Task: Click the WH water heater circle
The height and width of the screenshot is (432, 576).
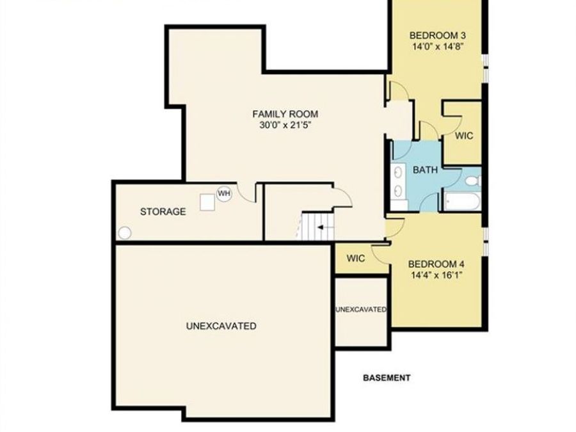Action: (223, 193)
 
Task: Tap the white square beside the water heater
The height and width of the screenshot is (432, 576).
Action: (207, 202)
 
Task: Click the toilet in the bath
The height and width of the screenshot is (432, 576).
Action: (472, 182)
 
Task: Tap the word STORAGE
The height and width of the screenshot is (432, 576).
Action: (163, 211)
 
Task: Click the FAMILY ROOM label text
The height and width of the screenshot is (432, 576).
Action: (285, 114)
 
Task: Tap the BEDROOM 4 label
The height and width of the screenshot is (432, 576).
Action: (436, 264)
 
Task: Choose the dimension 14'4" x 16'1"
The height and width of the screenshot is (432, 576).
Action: (436, 275)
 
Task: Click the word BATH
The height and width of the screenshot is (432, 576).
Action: (425, 170)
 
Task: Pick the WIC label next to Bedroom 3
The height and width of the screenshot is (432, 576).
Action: (463, 136)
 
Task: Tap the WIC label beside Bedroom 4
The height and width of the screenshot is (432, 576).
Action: (355, 259)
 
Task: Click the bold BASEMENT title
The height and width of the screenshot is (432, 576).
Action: (387, 378)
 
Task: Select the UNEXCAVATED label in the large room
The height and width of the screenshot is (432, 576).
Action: (221, 326)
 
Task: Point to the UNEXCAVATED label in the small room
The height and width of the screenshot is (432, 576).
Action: (361, 310)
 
